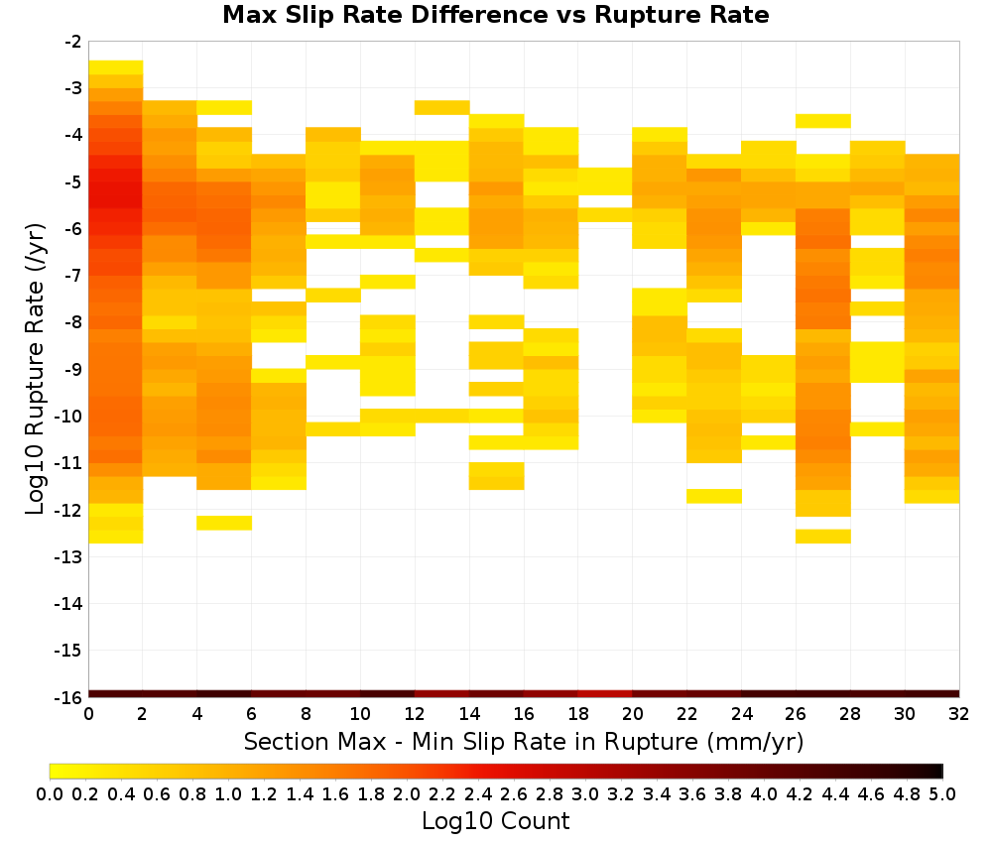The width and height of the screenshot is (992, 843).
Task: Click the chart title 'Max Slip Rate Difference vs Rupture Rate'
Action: (495, 15)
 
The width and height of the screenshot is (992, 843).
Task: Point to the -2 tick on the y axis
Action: (73, 42)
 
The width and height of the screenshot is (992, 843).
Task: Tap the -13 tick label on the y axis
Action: (69, 557)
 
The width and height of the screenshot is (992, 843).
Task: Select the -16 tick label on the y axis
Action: (69, 697)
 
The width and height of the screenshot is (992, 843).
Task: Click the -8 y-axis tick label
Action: (73, 322)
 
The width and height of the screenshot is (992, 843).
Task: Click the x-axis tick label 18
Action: (578, 714)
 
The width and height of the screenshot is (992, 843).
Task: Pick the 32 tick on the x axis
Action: (959, 714)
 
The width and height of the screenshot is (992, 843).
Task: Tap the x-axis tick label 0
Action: (88, 714)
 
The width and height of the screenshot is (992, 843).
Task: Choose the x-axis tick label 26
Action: (796, 714)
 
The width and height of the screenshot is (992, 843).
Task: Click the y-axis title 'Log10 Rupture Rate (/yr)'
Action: (35, 369)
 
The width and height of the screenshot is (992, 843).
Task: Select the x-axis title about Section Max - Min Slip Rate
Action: (524, 741)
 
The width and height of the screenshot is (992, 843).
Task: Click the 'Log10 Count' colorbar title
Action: (495, 821)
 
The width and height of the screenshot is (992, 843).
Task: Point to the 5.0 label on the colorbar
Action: (942, 794)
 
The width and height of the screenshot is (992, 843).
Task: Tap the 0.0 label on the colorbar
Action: (50, 794)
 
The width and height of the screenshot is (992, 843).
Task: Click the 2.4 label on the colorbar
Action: (478, 794)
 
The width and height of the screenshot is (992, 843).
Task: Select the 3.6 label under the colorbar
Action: (692, 794)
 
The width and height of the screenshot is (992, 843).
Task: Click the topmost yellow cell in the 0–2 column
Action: (116, 67)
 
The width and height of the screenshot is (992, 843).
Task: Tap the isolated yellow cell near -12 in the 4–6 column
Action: (224, 523)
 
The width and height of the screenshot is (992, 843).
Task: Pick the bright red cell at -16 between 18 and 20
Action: (605, 694)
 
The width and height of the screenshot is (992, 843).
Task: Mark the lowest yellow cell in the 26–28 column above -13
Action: (823, 537)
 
